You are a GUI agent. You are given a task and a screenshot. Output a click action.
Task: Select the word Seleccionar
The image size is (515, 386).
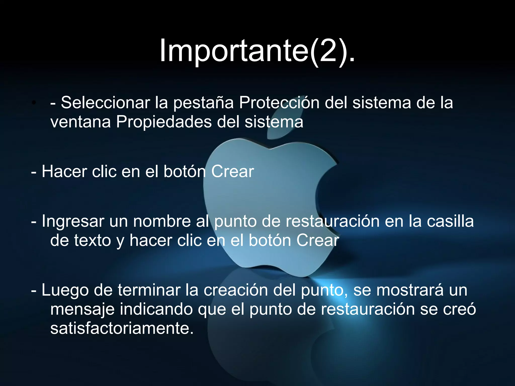(x=105, y=103)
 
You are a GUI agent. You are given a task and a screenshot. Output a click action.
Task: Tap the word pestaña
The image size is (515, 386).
(x=203, y=103)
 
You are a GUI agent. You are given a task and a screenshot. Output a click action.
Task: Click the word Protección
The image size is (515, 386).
(x=279, y=103)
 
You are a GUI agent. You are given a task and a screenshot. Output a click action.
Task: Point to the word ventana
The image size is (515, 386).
(x=80, y=122)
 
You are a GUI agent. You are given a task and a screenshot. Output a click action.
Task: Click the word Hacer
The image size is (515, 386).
(x=64, y=172)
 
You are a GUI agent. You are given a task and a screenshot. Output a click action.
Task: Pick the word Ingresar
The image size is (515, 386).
(x=73, y=222)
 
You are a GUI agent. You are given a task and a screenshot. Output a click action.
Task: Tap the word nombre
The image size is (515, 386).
(x=162, y=221)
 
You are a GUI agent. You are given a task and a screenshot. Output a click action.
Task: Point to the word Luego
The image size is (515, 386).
(x=65, y=291)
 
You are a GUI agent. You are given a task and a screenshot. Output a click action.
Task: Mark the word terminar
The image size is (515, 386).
(x=149, y=290)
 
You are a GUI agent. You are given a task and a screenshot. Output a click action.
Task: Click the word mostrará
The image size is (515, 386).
(x=410, y=290)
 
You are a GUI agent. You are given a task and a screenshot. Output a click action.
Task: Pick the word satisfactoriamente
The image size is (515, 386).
(x=122, y=328)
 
